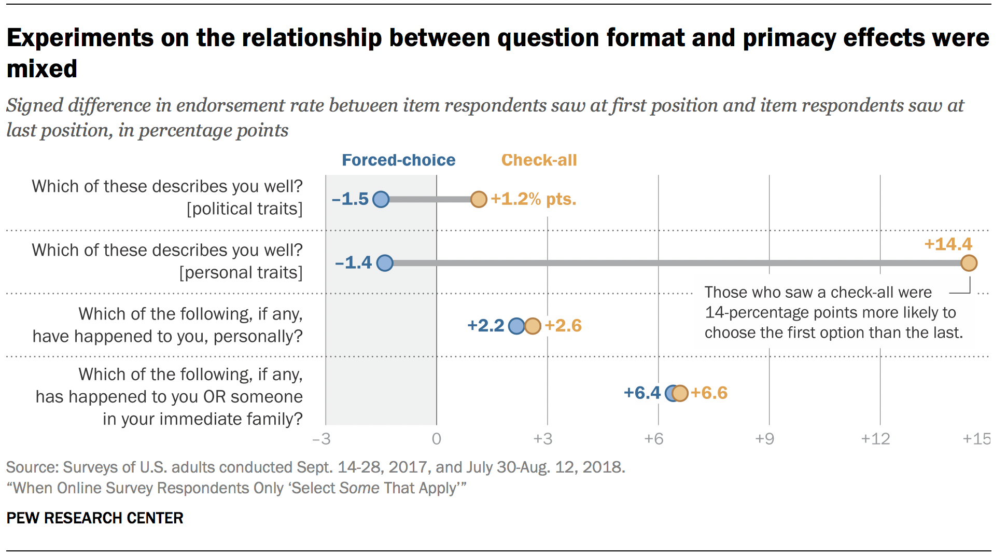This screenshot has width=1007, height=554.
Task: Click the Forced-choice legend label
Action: coord(398,160)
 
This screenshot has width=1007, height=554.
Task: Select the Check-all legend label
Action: coord(539,160)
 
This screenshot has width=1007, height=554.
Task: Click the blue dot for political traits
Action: coord(381,199)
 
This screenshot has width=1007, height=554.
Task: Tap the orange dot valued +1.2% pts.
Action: coord(479,199)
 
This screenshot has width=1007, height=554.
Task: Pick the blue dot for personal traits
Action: coord(385,263)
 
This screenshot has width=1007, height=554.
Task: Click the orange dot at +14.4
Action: coord(969,263)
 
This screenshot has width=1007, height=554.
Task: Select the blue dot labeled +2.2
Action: coord(516,326)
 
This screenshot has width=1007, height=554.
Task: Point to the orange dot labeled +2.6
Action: coord(533,326)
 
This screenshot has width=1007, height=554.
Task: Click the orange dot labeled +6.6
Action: coord(680,394)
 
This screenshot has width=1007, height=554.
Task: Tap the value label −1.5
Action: coord(350,199)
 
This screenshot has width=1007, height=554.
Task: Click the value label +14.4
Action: coord(948,244)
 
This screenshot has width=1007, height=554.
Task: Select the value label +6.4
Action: coord(642,393)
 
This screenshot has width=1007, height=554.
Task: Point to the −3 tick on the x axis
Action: coord(321,439)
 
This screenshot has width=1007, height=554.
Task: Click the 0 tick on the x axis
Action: coord(437,439)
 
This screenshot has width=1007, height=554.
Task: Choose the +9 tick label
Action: coord(764,439)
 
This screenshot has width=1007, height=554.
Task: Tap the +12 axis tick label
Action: coord(875,439)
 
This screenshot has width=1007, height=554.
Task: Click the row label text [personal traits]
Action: coord(241,273)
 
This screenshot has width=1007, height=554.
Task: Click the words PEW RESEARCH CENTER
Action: coord(95,518)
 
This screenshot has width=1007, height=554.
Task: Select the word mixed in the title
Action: coord(42,69)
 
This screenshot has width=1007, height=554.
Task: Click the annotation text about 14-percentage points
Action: coord(833,313)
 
